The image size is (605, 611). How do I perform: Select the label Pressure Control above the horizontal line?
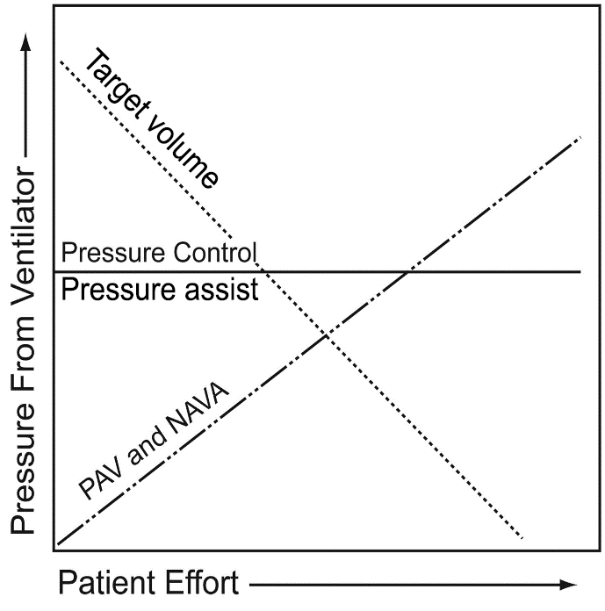click(159, 255)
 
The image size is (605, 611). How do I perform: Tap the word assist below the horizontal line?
click(220, 289)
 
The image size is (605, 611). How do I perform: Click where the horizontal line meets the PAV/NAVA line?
click(407, 271)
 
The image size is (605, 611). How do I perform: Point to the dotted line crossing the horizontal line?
click(266, 271)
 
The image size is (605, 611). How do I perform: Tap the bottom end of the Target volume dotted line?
click(523, 537)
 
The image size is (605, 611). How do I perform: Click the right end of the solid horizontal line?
click(580, 271)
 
